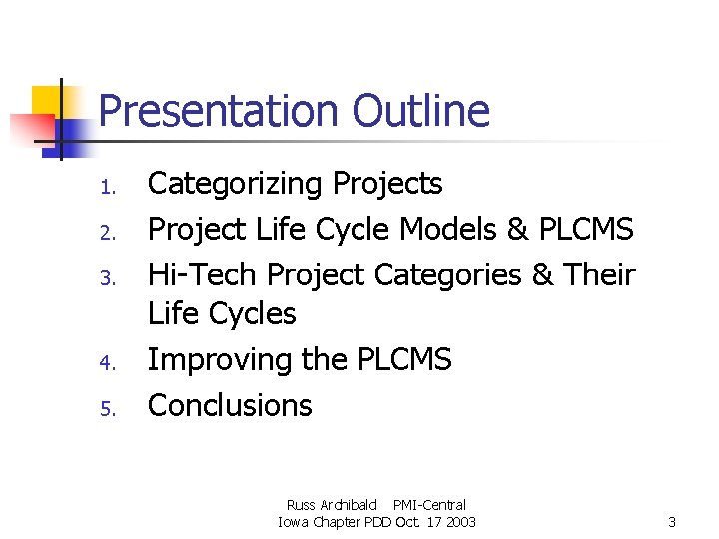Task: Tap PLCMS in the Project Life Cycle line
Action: tap(585, 230)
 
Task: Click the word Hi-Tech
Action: tap(203, 274)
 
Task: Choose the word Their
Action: tap(598, 274)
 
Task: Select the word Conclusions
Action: tap(230, 405)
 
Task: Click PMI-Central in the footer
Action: tap(429, 505)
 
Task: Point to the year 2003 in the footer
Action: tap(459, 522)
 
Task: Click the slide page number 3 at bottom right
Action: tap(672, 522)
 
